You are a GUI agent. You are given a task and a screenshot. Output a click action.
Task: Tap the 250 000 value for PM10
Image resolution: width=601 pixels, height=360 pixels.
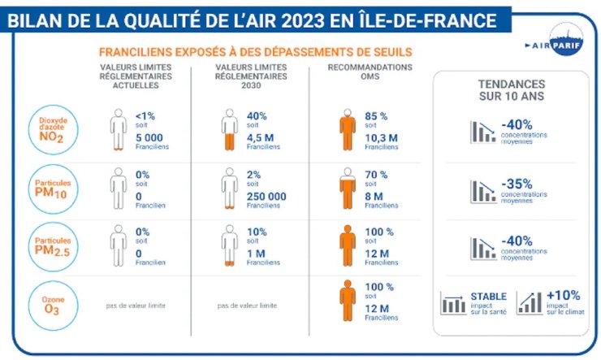[266, 196]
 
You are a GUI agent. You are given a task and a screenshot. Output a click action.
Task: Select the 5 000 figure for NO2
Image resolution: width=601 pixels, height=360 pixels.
[152, 138]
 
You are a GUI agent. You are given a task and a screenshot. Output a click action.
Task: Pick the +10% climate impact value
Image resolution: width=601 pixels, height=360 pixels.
[562, 295]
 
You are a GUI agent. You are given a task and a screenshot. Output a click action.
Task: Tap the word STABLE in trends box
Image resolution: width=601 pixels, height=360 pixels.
[488, 296]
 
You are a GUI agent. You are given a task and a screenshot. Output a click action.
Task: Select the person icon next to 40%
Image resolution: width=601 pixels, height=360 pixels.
[230, 130]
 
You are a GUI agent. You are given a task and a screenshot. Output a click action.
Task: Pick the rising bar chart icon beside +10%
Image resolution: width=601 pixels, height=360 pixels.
[529, 303]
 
